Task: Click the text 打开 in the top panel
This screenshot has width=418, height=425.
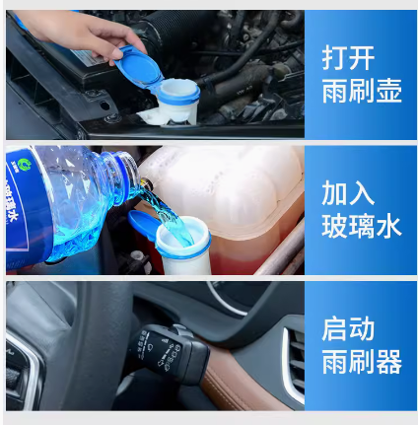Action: (348, 58)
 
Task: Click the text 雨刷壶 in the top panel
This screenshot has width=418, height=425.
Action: (362, 91)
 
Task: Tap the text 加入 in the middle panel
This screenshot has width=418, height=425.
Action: (348, 193)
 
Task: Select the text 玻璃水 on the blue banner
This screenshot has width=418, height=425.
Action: (362, 226)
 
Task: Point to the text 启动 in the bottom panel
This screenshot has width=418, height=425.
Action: (348, 328)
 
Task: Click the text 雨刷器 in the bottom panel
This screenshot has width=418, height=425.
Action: (362, 361)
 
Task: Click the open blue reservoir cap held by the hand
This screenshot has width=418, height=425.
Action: (139, 68)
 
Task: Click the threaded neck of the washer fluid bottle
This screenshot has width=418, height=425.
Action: (126, 175)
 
